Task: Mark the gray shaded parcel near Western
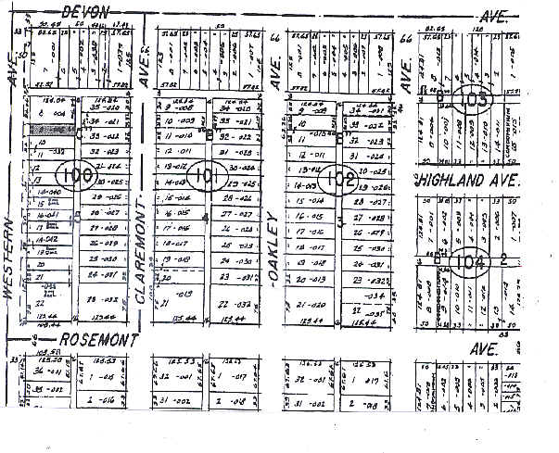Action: (50, 131)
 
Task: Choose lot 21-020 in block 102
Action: (310, 305)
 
